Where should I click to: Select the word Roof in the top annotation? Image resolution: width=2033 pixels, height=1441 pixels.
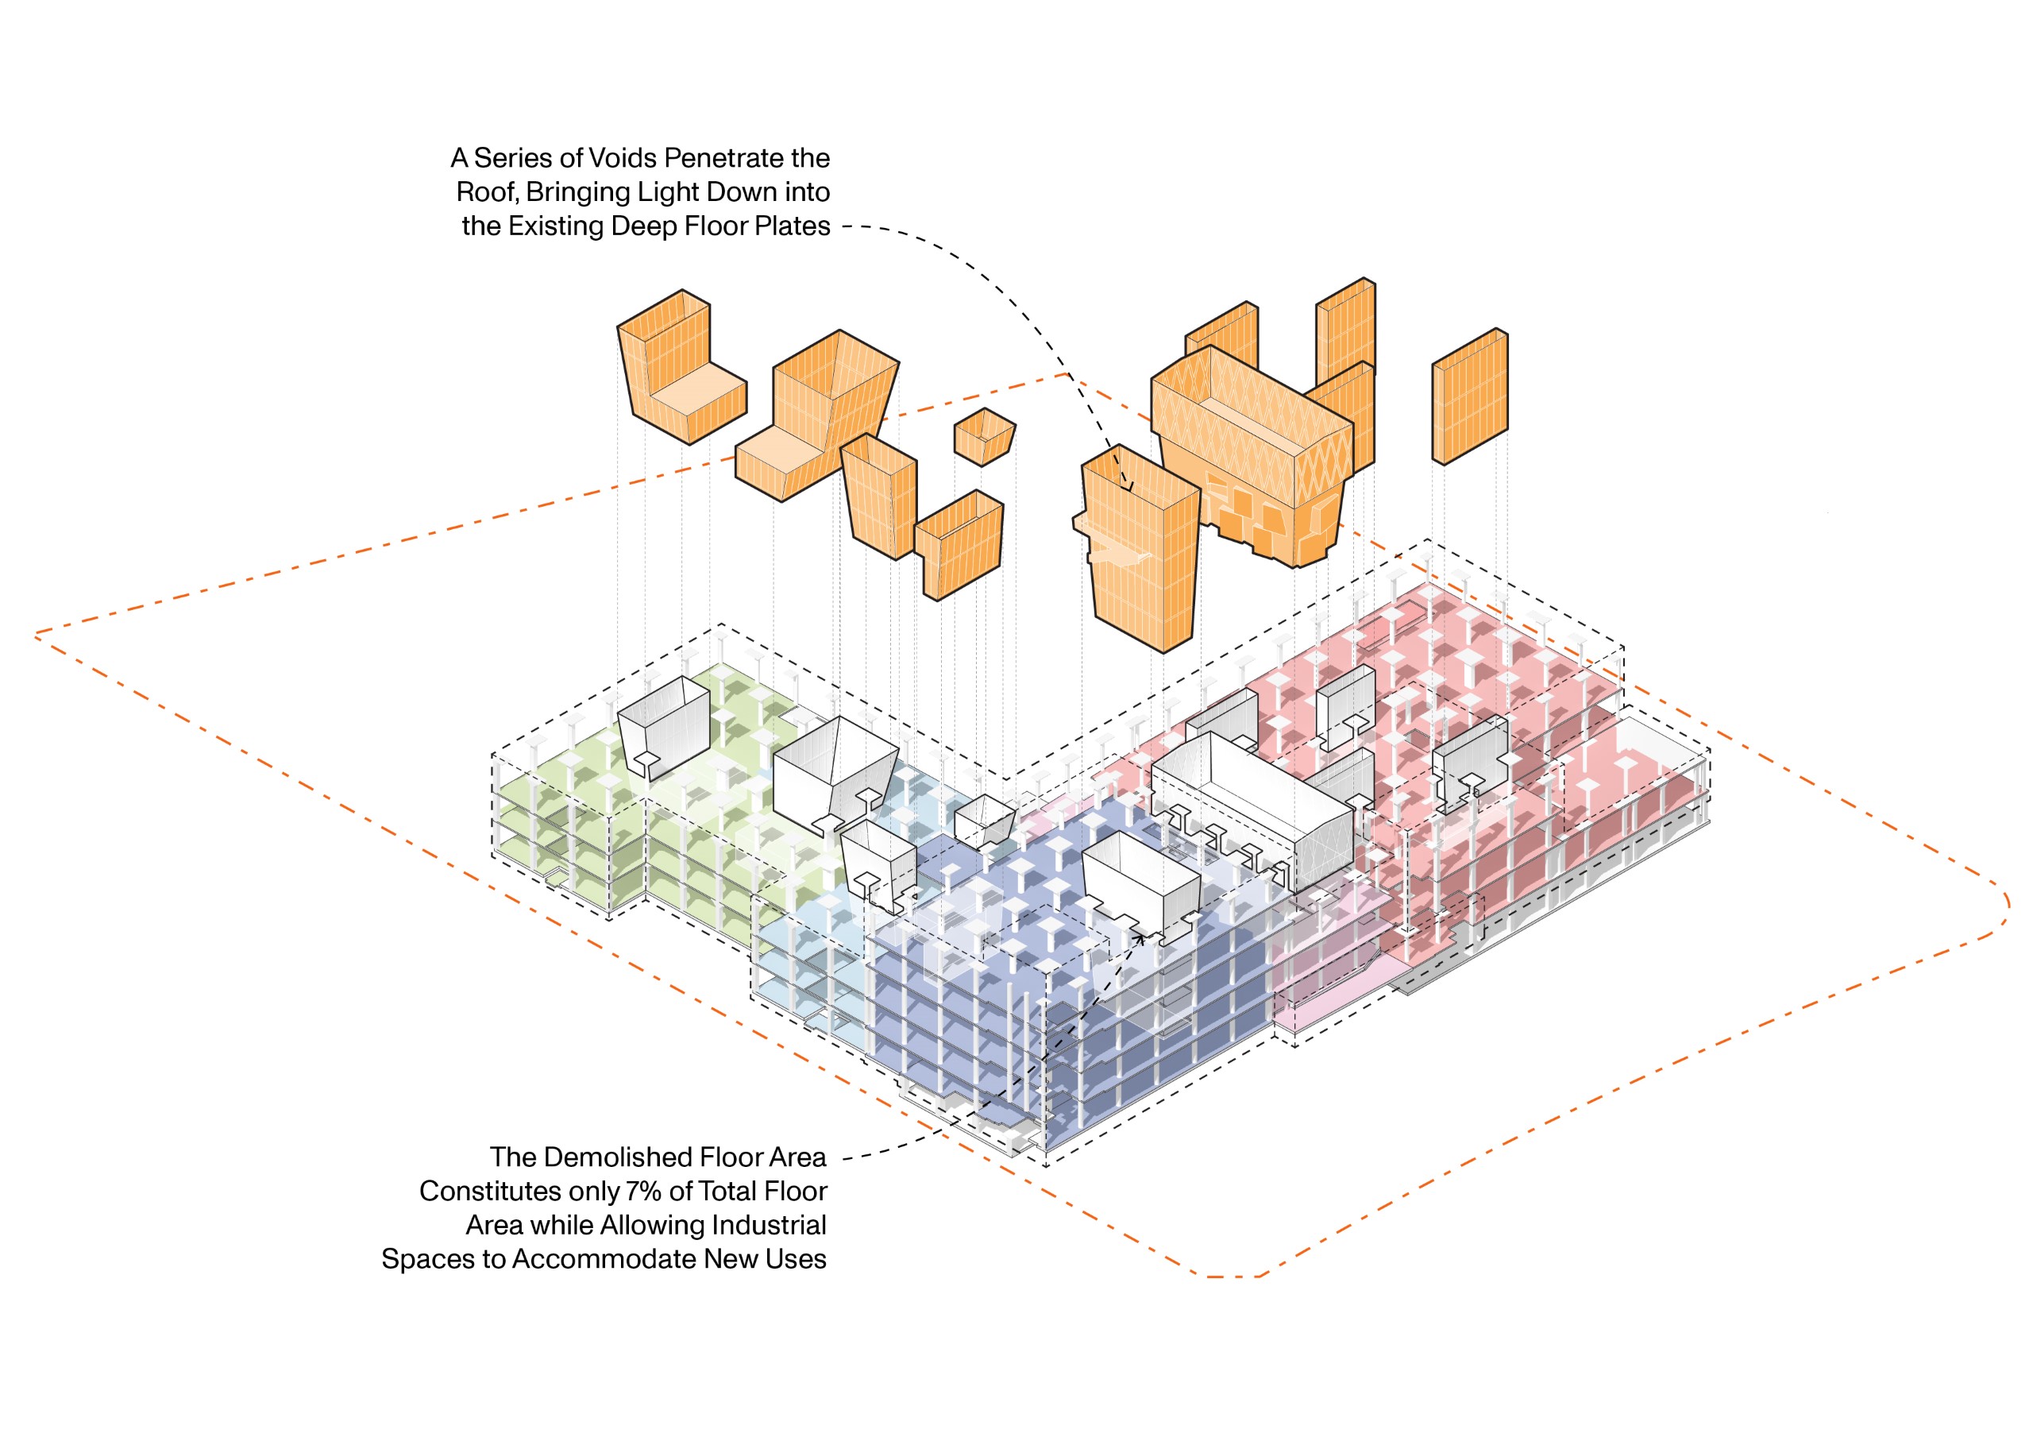coord(485,192)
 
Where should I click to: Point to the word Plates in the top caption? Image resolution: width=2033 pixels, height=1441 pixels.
coord(795,226)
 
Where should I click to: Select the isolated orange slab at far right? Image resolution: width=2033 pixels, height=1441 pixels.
coord(1470,396)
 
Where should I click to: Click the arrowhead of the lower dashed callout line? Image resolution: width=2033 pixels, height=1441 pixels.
coord(1140,934)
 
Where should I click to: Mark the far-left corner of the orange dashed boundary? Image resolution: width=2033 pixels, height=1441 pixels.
coord(37,635)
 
